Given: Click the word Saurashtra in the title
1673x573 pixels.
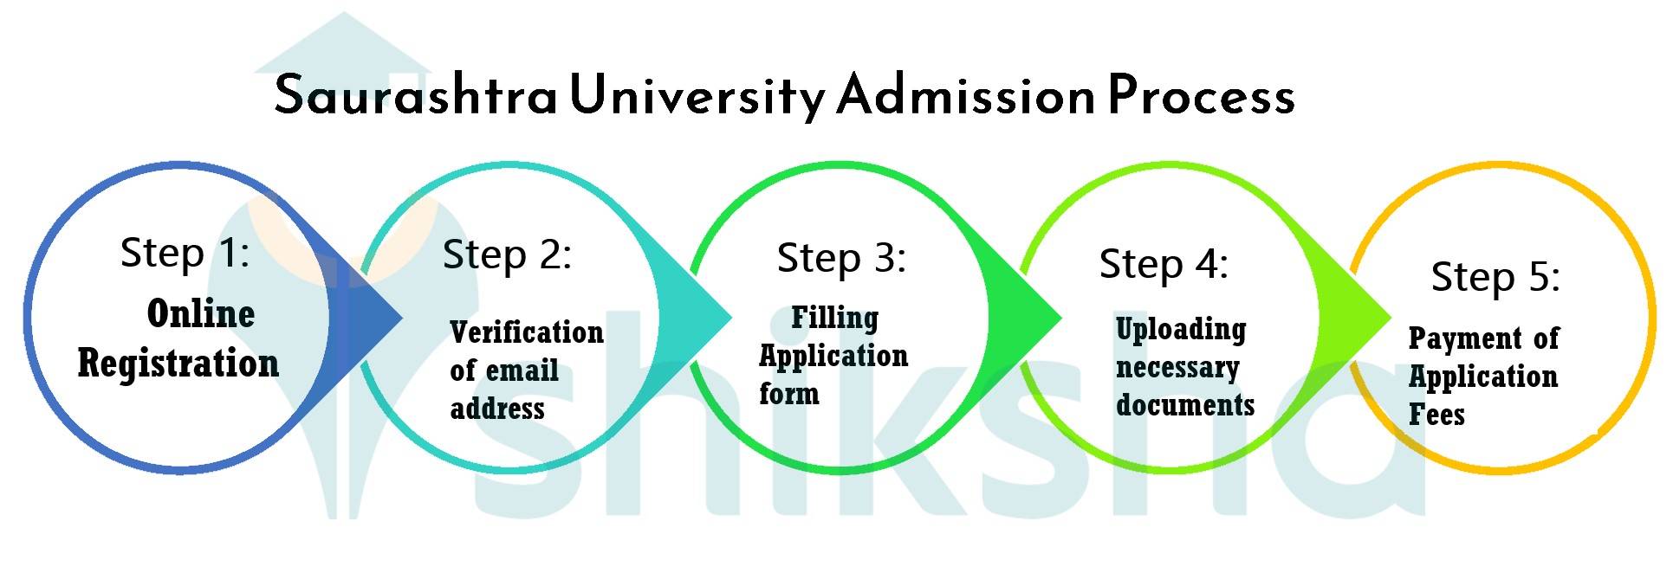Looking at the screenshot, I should pos(415,95).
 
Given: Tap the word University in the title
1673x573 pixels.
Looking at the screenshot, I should pos(697,95).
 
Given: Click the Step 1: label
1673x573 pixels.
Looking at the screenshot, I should pos(185,253).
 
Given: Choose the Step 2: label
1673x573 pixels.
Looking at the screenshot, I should pos(507,255).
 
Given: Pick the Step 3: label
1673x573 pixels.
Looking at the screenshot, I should pos(841,258).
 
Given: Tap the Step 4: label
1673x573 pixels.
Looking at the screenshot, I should pos(1164,264).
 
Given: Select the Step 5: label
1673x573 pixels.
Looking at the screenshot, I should pos(1495,277).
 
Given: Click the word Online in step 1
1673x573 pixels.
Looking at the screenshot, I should pos(201,313).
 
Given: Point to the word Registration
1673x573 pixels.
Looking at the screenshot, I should pos(178,363).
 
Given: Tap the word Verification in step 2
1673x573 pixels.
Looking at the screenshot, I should pos(527,332).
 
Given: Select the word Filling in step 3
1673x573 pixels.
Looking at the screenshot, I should pos(834,318).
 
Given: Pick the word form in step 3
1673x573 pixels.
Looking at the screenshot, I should pos(788,394).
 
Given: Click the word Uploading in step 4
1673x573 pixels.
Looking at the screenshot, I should pos(1181,329).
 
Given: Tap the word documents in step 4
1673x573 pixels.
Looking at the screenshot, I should pos(1185,405).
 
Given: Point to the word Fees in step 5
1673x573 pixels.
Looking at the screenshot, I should pos(1436,415).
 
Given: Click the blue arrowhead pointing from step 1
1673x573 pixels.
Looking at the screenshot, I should pos(373,318).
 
